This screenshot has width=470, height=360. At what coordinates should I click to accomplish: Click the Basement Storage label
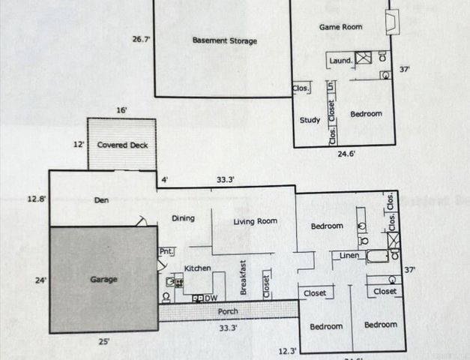[224, 40]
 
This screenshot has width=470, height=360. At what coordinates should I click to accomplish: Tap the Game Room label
[341, 27]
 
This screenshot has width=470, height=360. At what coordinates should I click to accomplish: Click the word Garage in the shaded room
[103, 280]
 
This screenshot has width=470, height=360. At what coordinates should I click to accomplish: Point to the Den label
[102, 200]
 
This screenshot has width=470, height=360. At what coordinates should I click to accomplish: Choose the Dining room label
[183, 218]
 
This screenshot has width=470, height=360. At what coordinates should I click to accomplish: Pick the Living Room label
[256, 221]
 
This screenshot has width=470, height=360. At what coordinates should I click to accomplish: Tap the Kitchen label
[198, 268]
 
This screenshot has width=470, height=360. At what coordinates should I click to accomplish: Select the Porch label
[229, 311]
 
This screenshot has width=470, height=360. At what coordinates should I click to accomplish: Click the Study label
[310, 120]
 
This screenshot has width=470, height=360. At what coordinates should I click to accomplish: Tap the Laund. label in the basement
[341, 61]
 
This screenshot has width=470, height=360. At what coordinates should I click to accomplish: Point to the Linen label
[349, 256]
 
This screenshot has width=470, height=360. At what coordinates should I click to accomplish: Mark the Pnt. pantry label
[166, 252]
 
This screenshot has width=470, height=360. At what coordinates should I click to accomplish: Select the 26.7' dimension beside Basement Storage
[142, 38]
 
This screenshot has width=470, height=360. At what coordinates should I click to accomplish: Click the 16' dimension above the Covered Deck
[121, 110]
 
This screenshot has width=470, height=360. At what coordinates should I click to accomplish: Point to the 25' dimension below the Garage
[104, 342]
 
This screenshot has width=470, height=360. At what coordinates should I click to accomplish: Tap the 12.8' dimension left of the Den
[36, 199]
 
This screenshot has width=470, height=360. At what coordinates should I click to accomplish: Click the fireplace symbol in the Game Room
[391, 22]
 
